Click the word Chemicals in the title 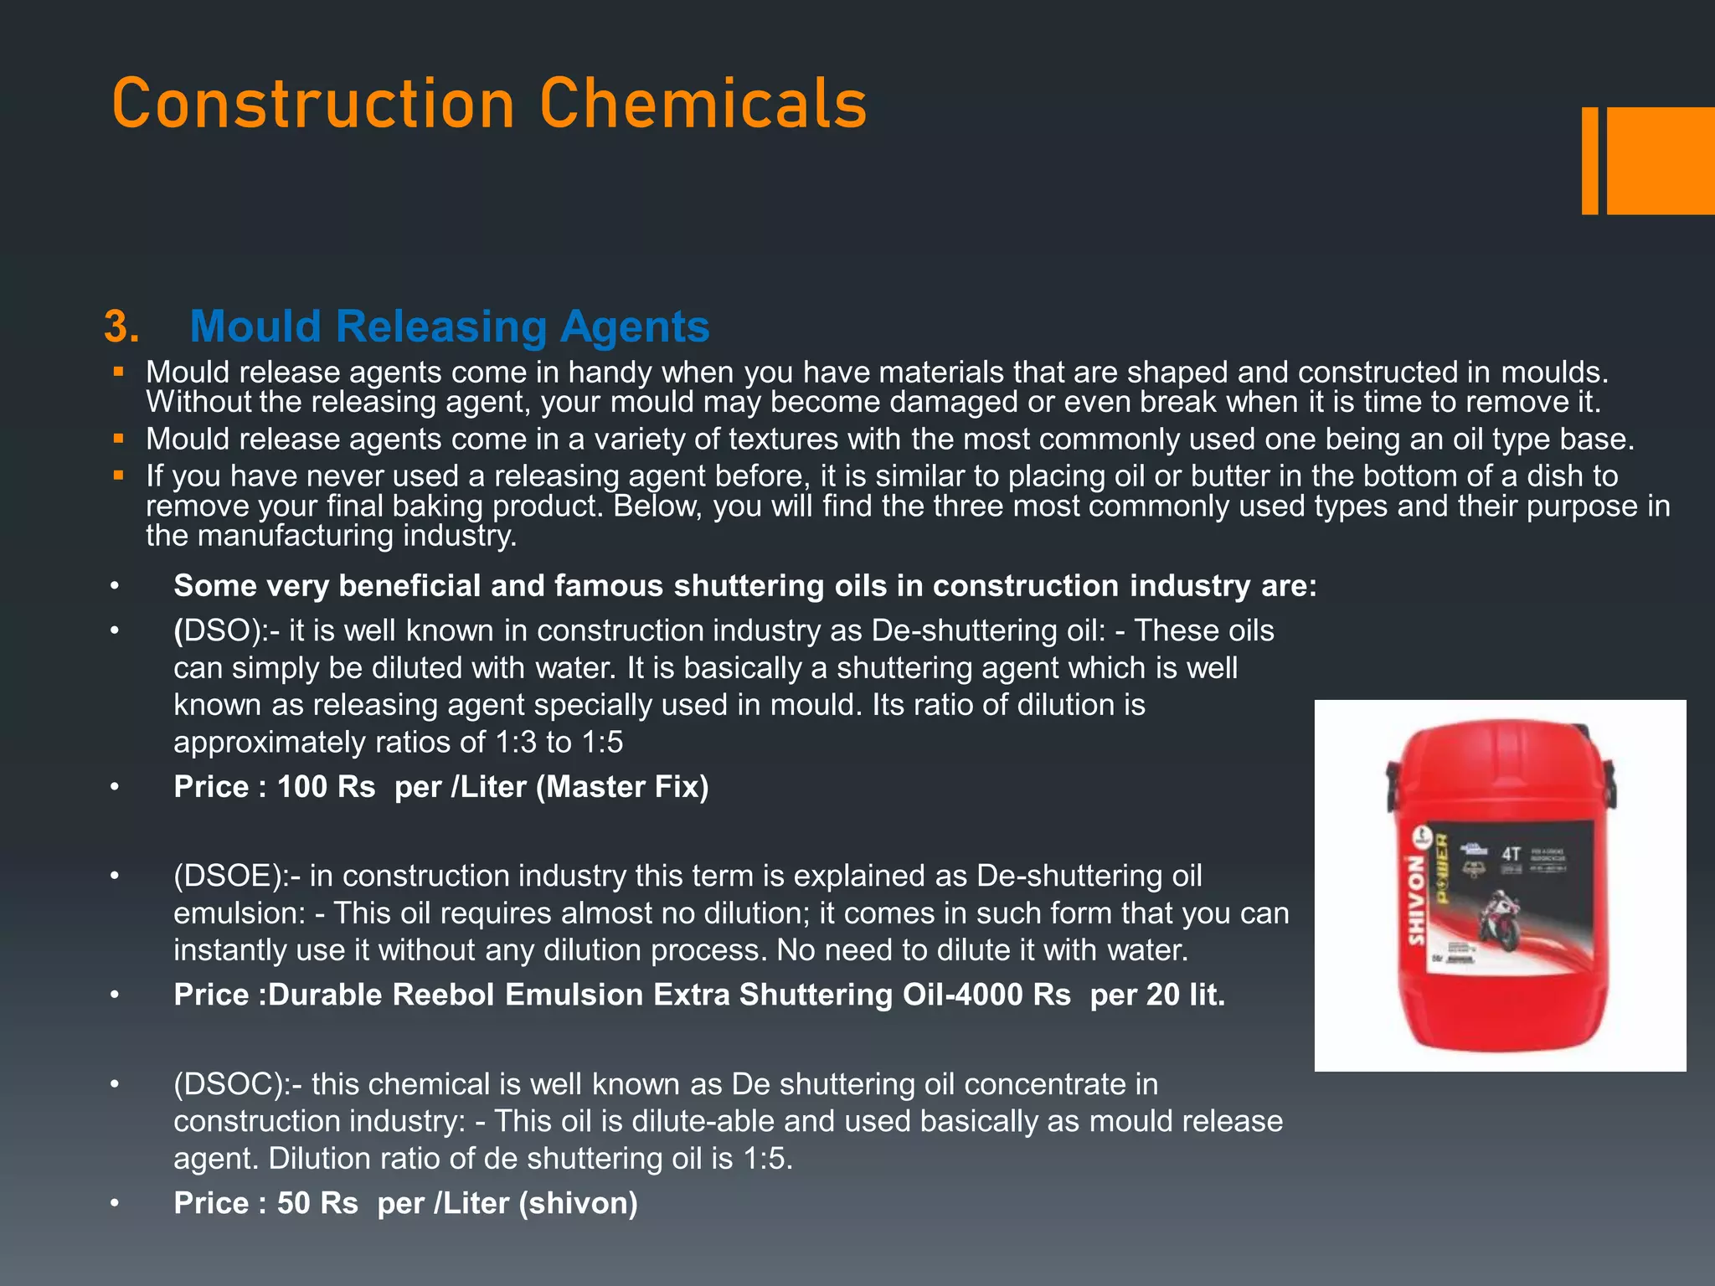[703, 104]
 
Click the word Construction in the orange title [312, 104]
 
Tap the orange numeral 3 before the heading [121, 327]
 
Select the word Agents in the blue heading [635, 327]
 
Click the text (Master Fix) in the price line [622, 787]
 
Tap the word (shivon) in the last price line [578, 1203]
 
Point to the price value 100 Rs [326, 787]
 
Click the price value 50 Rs [317, 1203]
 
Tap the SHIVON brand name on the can [1415, 900]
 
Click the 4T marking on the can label [1511, 854]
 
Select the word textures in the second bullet [783, 440]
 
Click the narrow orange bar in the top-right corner [1589, 161]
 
